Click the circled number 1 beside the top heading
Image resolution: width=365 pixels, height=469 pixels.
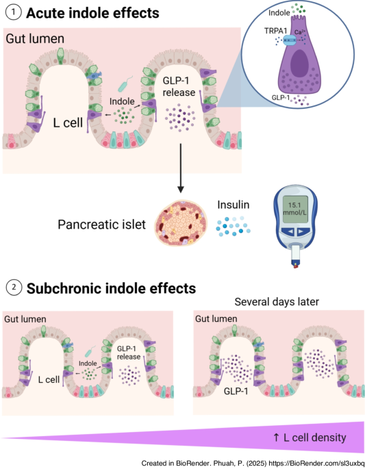14,13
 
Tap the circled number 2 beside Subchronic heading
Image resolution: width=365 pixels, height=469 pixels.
14,288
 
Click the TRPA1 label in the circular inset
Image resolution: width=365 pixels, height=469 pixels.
275,31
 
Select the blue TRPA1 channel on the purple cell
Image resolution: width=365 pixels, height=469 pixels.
289,40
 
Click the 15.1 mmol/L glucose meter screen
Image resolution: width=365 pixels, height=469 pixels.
294,209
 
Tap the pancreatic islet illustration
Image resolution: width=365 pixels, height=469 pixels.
180,223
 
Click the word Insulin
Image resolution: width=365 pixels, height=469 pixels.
234,205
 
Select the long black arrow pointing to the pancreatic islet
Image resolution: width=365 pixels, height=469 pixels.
180,168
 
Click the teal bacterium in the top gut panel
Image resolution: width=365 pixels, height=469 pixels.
125,84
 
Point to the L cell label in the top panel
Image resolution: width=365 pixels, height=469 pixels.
68,123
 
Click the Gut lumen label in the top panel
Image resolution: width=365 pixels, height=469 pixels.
35,39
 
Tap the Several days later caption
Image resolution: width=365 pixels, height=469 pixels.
277,302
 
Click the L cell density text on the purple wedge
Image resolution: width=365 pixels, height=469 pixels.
310,438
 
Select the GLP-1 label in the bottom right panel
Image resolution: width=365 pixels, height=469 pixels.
236,391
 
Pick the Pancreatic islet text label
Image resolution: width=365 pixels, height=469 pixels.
102,225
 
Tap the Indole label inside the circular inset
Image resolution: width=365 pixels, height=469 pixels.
279,13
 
